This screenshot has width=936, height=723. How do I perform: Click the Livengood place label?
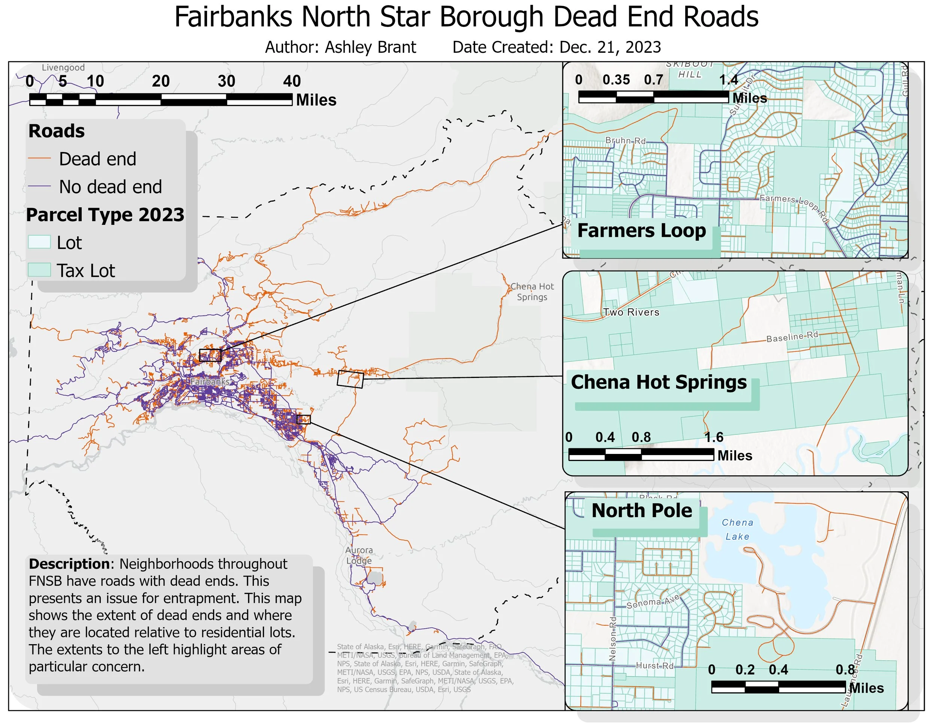click(63, 68)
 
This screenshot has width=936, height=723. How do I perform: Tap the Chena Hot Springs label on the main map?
click(532, 292)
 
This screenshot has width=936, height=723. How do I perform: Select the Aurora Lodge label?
click(359, 555)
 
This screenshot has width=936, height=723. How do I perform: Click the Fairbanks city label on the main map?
click(210, 381)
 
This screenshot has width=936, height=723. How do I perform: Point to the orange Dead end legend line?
click(39, 159)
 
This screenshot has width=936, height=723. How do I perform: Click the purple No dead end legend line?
click(39, 187)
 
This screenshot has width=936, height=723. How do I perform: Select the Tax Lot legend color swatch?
click(39, 270)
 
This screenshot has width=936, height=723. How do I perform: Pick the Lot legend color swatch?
click(39, 242)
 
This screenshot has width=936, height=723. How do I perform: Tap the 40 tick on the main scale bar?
click(292, 81)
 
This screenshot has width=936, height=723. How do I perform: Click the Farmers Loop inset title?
click(641, 231)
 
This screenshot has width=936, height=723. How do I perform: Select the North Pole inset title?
click(642, 510)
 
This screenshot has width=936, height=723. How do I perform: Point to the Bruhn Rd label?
click(625, 140)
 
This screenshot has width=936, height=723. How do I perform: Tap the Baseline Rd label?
click(792, 337)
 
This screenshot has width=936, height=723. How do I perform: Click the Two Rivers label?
click(631, 312)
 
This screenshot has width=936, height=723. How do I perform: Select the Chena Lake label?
click(737, 530)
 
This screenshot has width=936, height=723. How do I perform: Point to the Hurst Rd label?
click(654, 666)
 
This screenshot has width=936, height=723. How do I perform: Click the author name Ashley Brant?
click(370, 47)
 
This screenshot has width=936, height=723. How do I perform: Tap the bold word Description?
click(69, 564)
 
